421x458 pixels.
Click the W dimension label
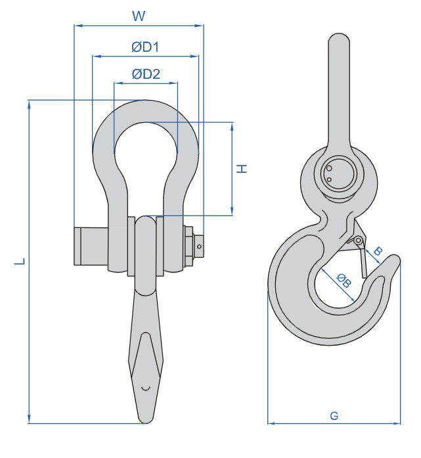(139, 16)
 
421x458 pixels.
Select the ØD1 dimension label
(145, 47)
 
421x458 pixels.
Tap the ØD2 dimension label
(146, 74)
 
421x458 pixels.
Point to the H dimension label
(242, 169)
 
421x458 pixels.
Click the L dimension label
(20, 262)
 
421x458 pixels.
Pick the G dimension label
(334, 416)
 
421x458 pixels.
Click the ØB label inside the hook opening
(343, 281)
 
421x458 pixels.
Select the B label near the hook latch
(378, 251)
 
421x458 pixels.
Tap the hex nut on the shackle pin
(188, 246)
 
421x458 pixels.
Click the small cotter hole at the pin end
(200, 246)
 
